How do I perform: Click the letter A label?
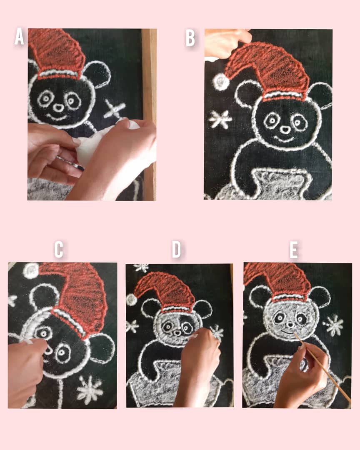coord(19,36)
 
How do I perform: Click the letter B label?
coord(190,38)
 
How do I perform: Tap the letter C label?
coord(59,249)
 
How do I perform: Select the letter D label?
coord(177,249)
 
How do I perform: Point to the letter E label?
coord(293,250)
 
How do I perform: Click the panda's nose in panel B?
coord(285,130)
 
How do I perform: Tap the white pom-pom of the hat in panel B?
coord(221,82)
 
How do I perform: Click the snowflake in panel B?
coord(220,119)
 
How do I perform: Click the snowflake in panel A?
coord(114,109)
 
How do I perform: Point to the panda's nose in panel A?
coord(59,108)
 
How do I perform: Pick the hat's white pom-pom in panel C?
coord(31,270)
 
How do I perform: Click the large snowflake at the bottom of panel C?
coord(90,390)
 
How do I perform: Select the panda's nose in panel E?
coord(290,325)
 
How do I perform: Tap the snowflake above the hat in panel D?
coord(142,268)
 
